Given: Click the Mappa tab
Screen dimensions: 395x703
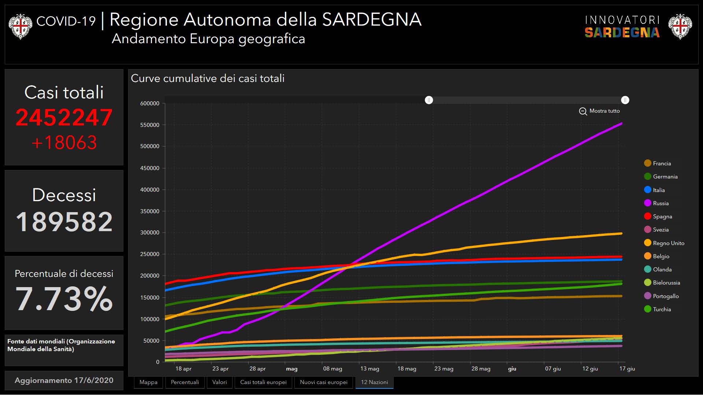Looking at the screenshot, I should pyautogui.click(x=148, y=382).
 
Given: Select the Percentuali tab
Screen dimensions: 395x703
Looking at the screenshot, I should pyautogui.click(x=185, y=382).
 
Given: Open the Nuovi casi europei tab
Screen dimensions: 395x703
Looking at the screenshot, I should pyautogui.click(x=324, y=382).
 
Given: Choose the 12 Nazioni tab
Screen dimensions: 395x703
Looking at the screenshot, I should pyautogui.click(x=374, y=382).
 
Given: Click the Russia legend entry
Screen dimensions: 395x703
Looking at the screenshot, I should pyautogui.click(x=661, y=203).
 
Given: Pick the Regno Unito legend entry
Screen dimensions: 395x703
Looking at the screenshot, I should pyautogui.click(x=668, y=243).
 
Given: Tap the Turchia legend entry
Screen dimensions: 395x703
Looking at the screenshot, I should pyautogui.click(x=662, y=309).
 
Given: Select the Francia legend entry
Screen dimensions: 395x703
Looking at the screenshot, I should pyautogui.click(x=662, y=163).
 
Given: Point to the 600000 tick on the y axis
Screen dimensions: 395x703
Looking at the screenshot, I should pyautogui.click(x=150, y=104).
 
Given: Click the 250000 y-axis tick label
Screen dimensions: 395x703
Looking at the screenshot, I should pyautogui.click(x=150, y=254).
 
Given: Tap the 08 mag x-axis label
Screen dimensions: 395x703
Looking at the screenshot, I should pyautogui.click(x=332, y=369).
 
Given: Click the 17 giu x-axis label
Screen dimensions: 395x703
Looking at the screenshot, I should pyautogui.click(x=627, y=369).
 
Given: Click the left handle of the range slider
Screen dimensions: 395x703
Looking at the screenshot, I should pyautogui.click(x=429, y=100).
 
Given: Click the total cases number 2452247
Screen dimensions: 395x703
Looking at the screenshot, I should pyautogui.click(x=64, y=118).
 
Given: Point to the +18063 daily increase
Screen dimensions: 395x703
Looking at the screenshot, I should pyautogui.click(x=64, y=143).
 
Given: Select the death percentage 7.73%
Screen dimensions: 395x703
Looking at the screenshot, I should pyautogui.click(x=64, y=299).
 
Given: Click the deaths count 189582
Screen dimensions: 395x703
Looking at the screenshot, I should pyautogui.click(x=64, y=222).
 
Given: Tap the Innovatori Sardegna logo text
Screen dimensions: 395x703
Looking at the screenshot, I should pyautogui.click(x=622, y=27).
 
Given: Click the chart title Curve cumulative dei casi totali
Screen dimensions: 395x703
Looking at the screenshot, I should pyautogui.click(x=208, y=78).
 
